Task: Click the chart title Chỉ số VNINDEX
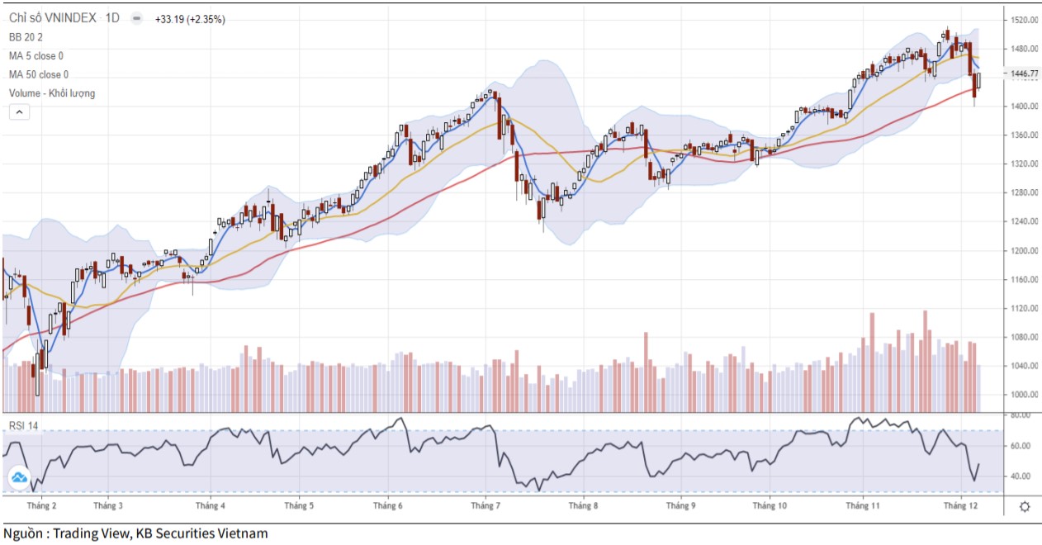click(x=53, y=18)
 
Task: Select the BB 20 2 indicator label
click(x=26, y=37)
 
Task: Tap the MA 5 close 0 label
click(x=36, y=56)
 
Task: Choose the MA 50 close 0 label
click(x=39, y=74)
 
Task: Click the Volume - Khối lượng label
click(x=52, y=93)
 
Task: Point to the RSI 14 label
click(x=24, y=425)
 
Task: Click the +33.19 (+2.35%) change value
click(x=190, y=19)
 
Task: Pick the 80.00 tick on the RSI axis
click(x=1021, y=415)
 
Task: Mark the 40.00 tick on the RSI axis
click(x=1021, y=476)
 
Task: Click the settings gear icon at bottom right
click(x=1025, y=507)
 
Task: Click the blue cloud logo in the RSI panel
click(x=18, y=477)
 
